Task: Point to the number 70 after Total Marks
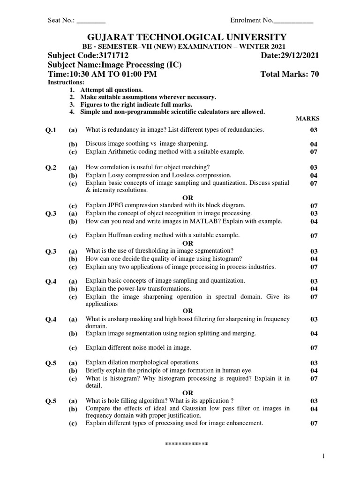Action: pos(314,75)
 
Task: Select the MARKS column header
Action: pos(307,119)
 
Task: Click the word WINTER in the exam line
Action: pos(240,47)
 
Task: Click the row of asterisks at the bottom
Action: pos(187,443)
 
